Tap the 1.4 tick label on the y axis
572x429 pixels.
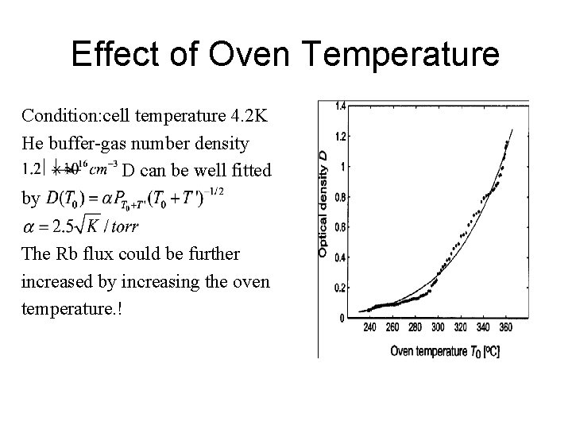click(340, 106)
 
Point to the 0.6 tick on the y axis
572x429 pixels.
click(340, 227)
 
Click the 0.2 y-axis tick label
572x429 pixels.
click(340, 288)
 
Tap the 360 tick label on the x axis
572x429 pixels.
click(506, 328)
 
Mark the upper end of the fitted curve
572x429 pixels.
click(513, 128)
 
